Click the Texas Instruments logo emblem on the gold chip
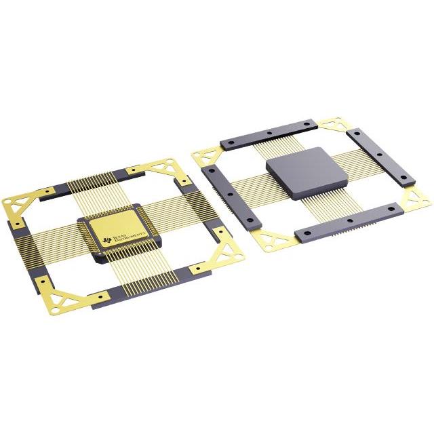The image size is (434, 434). [106, 239]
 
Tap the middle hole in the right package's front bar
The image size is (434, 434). [348, 221]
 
